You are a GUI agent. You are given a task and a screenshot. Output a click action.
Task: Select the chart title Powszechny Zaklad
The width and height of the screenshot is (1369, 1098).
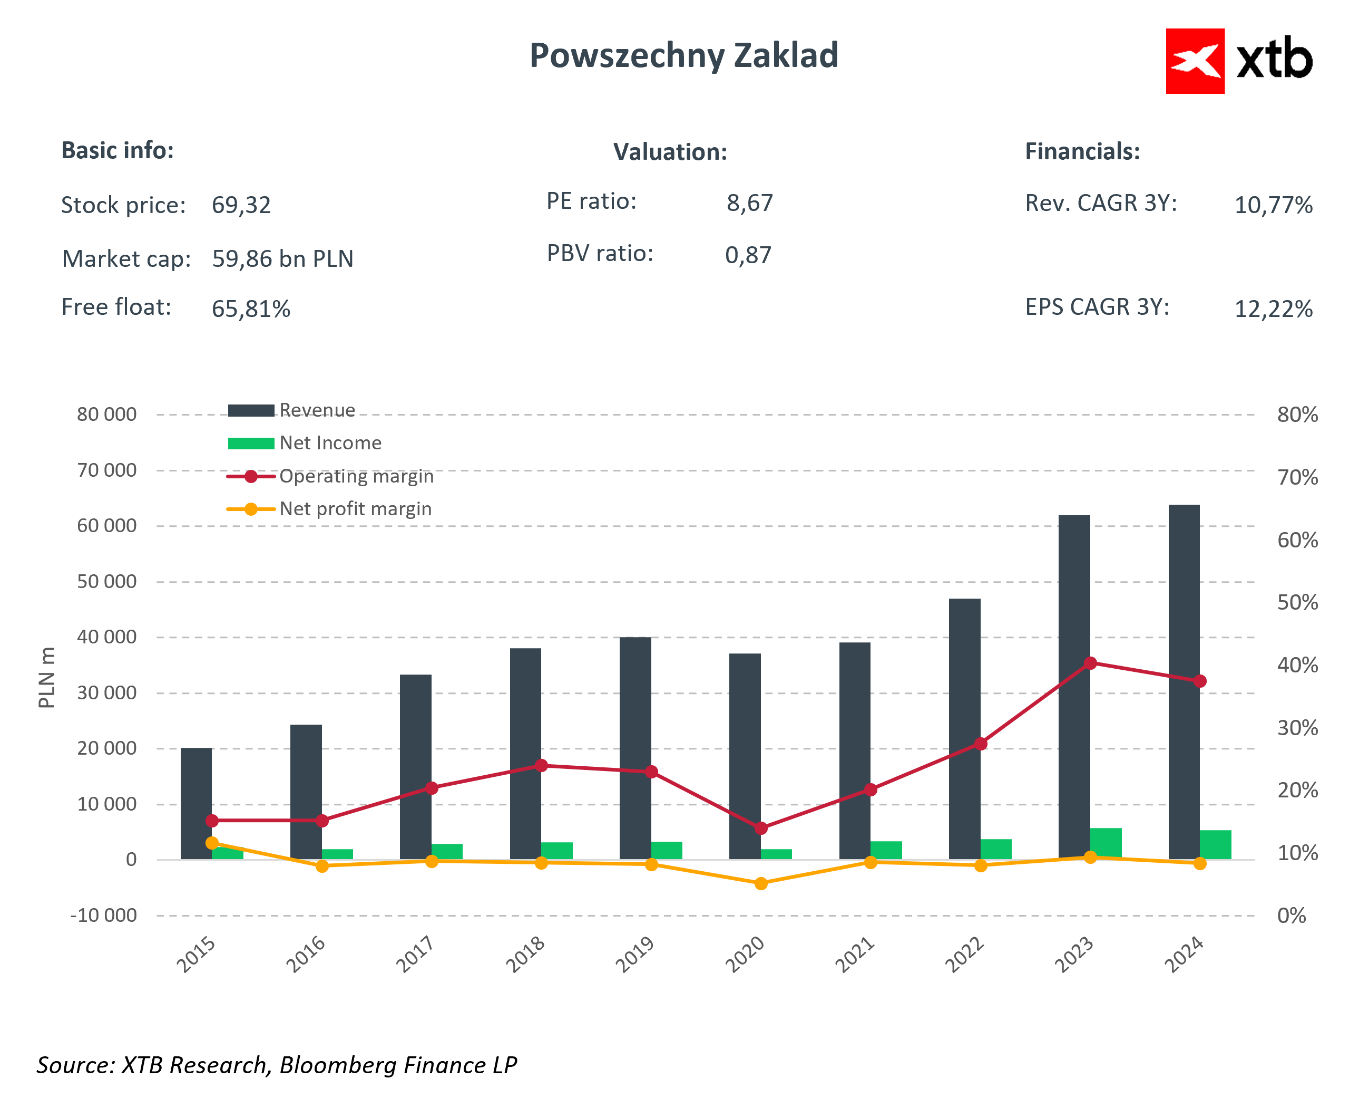(683, 56)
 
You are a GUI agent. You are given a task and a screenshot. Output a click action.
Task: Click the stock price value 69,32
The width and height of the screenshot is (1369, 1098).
(241, 205)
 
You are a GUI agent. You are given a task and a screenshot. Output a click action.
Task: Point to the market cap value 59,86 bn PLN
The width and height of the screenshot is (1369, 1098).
(282, 258)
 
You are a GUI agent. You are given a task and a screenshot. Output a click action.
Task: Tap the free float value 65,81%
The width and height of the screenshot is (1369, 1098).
(250, 309)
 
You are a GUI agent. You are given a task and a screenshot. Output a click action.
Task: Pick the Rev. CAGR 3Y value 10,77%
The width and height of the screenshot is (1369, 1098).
(1273, 205)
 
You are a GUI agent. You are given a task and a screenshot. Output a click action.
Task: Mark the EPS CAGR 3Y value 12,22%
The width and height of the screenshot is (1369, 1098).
(1273, 309)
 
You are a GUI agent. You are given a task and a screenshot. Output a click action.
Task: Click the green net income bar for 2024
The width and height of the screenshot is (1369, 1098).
(1215, 844)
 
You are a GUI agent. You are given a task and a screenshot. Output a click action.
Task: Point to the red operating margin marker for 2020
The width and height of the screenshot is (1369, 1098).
(761, 828)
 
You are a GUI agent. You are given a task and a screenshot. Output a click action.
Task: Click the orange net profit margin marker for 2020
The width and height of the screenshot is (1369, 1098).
(761, 883)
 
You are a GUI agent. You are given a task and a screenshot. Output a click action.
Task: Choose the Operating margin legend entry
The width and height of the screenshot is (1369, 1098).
(356, 476)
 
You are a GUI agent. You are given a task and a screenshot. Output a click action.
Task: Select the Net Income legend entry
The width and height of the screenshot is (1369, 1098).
(330, 443)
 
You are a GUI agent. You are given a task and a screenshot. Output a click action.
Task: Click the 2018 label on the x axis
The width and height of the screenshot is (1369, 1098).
(524, 955)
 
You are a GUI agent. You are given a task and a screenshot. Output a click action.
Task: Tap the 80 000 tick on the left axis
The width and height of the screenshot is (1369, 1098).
(106, 415)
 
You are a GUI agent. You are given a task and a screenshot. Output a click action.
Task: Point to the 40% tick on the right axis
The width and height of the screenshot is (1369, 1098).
(1297, 665)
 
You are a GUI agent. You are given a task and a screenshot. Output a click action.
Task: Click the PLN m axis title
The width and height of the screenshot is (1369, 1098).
(46, 677)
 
